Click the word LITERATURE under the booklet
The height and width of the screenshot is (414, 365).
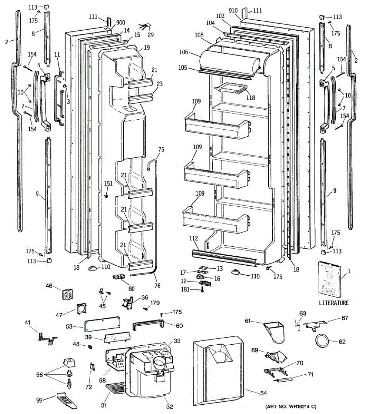coord(334,303)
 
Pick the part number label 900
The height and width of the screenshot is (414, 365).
coord(121,23)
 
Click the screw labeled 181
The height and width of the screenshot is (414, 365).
coord(202,290)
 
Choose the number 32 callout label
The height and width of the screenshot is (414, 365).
coord(170,406)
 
